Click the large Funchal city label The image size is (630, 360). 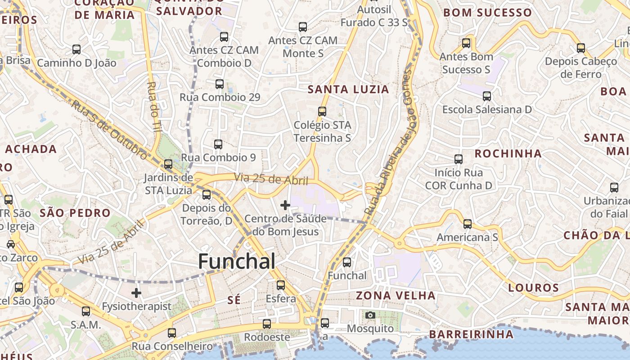pos(237,261)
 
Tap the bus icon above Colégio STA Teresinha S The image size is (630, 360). pos(322,112)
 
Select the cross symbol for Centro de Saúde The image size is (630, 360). pos(285,205)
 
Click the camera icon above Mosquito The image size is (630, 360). pos(370,315)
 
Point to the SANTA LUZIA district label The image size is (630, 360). pos(348,90)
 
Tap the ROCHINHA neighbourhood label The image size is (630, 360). pos(508,153)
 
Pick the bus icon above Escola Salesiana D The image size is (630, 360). pos(487,96)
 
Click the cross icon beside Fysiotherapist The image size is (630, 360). pos(136,293)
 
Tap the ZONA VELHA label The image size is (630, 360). pos(396,296)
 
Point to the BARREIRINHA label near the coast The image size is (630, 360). pos(471,334)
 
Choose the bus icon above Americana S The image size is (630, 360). pos(468,224)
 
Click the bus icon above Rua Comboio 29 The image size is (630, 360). pos(220,84)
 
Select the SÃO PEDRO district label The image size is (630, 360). pos(75,213)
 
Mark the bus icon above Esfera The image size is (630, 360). pos(281,285)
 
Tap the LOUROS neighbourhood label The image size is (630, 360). pos(534,288)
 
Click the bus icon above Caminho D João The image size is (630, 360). pos(76,49)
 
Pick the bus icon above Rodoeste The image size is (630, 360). pos(267,324)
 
